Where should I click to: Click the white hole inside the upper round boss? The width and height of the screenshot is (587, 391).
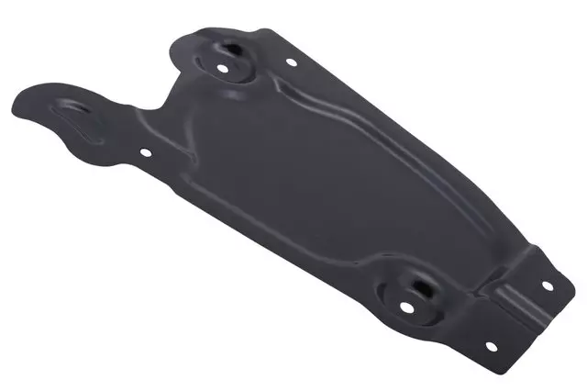click(x=223, y=67)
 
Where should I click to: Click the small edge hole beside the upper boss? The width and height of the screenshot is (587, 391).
click(x=292, y=63)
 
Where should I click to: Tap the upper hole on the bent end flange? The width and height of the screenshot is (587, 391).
click(x=548, y=285)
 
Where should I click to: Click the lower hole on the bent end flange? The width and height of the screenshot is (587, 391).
click(x=488, y=346)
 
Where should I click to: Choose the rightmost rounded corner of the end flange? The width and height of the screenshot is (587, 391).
click(x=561, y=275)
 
